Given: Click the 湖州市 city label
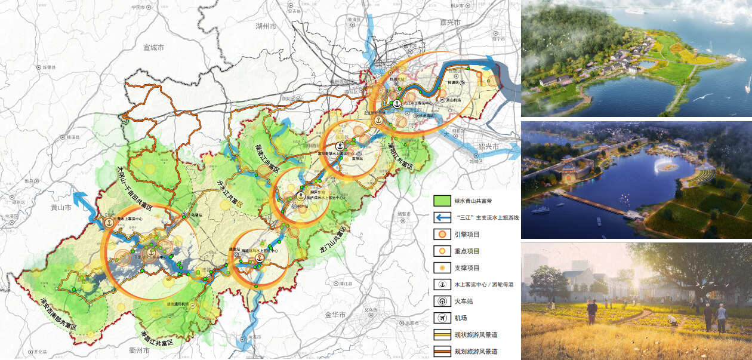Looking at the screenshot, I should [266, 27].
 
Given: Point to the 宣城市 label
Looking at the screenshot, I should [153, 47].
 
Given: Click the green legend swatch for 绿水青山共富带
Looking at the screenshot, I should [441, 201].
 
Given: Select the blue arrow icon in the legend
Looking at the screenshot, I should [441, 218].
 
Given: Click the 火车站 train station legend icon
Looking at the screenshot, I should [441, 301].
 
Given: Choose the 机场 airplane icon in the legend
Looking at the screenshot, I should [441, 318].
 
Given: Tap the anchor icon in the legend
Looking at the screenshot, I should [441, 285].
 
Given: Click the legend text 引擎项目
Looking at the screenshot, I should [467, 235].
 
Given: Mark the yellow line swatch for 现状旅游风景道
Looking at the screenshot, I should [441, 335].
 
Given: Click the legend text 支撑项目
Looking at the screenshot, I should [467, 268].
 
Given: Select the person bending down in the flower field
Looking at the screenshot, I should [673, 321].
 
